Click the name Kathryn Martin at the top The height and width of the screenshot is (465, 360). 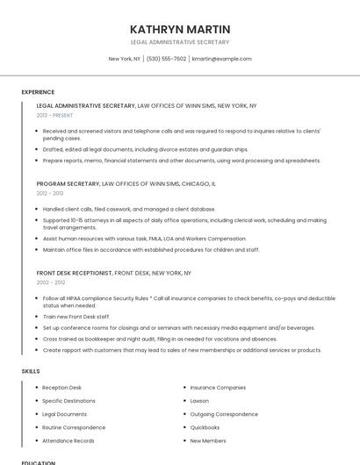coord(179,29)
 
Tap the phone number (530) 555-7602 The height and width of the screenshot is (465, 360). coord(166,59)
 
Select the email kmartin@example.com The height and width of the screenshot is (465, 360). coord(221,59)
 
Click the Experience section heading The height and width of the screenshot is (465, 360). coord(38,92)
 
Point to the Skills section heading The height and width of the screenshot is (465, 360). coord(31,371)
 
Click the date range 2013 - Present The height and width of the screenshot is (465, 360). coord(54,115)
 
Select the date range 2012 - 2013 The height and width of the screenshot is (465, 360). coord(50,193)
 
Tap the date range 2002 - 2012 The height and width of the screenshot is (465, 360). coord(51,283)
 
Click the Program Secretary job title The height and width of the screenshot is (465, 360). coord(68,184)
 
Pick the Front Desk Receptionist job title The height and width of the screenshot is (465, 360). coord(75,273)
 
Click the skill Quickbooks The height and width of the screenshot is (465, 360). coord(205,427)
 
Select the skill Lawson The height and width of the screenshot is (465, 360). coord(200,400)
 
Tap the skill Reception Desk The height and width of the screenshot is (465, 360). coord(61,387)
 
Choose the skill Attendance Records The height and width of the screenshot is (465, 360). coord(68,440)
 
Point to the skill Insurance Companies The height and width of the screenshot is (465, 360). coord(218,387)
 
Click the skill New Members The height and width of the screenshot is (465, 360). coord(207,440)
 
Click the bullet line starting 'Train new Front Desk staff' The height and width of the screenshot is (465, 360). coord(76,316)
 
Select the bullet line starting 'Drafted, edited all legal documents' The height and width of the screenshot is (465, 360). coord(145,149)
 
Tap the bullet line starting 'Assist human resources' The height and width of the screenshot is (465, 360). coord(144,239)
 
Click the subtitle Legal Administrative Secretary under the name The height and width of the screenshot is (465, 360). coord(179,42)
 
